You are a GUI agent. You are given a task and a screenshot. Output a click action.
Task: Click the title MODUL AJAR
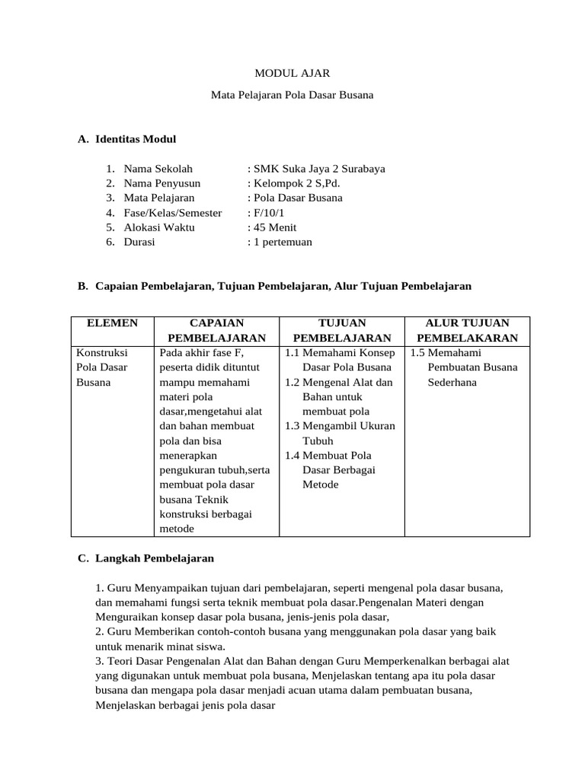coord(292,73)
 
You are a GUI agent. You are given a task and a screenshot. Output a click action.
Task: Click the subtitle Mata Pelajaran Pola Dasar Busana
coord(292,96)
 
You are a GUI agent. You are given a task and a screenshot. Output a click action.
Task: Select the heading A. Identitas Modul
coord(127,139)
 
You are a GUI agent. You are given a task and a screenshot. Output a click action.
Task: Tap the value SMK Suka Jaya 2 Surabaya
coord(316,169)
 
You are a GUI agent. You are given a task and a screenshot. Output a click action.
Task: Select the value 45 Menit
coord(272,227)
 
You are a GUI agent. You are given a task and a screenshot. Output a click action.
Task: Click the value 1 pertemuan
coord(280,242)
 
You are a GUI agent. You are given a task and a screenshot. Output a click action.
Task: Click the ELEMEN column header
coord(113,323)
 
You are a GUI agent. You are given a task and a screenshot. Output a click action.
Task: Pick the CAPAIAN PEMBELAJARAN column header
coord(216,330)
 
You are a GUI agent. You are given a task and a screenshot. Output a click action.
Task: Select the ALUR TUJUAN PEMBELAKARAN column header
coord(468,330)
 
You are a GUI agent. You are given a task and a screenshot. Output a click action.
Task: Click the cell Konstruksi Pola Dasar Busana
coord(103,367)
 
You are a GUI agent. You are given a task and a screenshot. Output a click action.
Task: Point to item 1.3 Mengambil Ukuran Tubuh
coord(340,433)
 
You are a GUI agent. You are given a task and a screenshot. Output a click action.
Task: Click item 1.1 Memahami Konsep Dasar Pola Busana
coord(340,360)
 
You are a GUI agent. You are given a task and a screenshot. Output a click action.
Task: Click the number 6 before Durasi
coord(110,242)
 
